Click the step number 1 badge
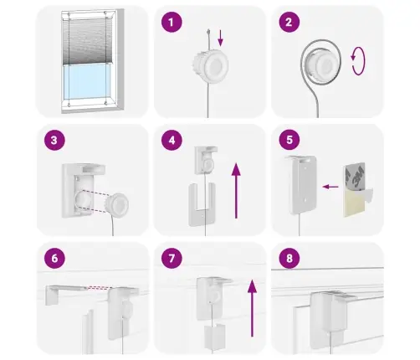coord(172,22)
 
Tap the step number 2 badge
coord(289,22)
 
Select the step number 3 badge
coord(54,140)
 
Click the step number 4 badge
coord(172,140)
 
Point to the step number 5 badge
coord(289,140)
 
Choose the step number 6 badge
coord(54,258)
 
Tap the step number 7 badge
coord(172,258)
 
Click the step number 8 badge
coord(289,258)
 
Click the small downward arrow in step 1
coord(220,38)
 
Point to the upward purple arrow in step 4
coord(236,191)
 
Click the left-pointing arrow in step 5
coord(330,187)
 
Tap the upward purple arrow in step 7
coord(252,308)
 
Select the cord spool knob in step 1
coord(211,64)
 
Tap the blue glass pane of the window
coord(87,81)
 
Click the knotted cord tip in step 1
coord(208,31)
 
